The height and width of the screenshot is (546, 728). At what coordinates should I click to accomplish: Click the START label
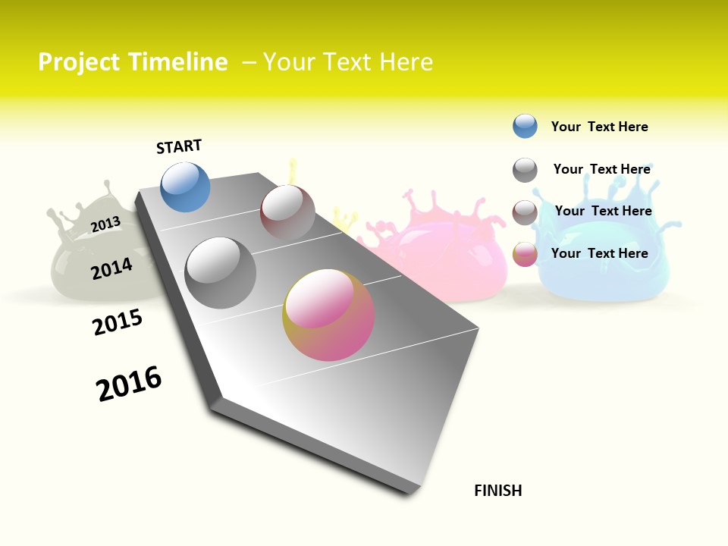click(179, 146)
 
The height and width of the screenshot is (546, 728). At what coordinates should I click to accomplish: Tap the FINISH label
click(498, 491)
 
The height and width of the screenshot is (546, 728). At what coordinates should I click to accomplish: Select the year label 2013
click(105, 224)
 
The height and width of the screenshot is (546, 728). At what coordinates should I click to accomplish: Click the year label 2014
click(111, 268)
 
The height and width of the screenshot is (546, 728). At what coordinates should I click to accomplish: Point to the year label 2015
click(118, 322)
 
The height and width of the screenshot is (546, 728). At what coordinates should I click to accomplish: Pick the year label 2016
click(129, 383)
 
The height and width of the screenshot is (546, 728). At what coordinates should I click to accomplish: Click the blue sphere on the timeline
click(185, 187)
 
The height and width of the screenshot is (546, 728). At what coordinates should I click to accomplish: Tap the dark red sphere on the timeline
click(287, 212)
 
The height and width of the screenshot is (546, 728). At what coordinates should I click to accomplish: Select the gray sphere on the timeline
click(221, 273)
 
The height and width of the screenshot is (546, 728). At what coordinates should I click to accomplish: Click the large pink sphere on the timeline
click(328, 315)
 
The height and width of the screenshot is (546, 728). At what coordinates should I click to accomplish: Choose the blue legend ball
click(525, 126)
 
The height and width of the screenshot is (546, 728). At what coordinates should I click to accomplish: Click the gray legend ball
click(525, 170)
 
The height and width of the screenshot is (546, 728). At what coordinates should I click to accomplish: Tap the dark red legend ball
click(525, 212)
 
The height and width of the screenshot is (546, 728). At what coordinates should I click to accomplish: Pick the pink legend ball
click(525, 254)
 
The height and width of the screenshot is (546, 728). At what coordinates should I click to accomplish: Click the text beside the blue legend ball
click(599, 127)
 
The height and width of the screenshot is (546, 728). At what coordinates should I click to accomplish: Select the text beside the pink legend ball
click(599, 253)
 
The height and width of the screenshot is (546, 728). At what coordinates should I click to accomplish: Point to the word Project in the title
click(79, 62)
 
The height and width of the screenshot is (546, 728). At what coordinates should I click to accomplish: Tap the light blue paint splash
click(607, 258)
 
